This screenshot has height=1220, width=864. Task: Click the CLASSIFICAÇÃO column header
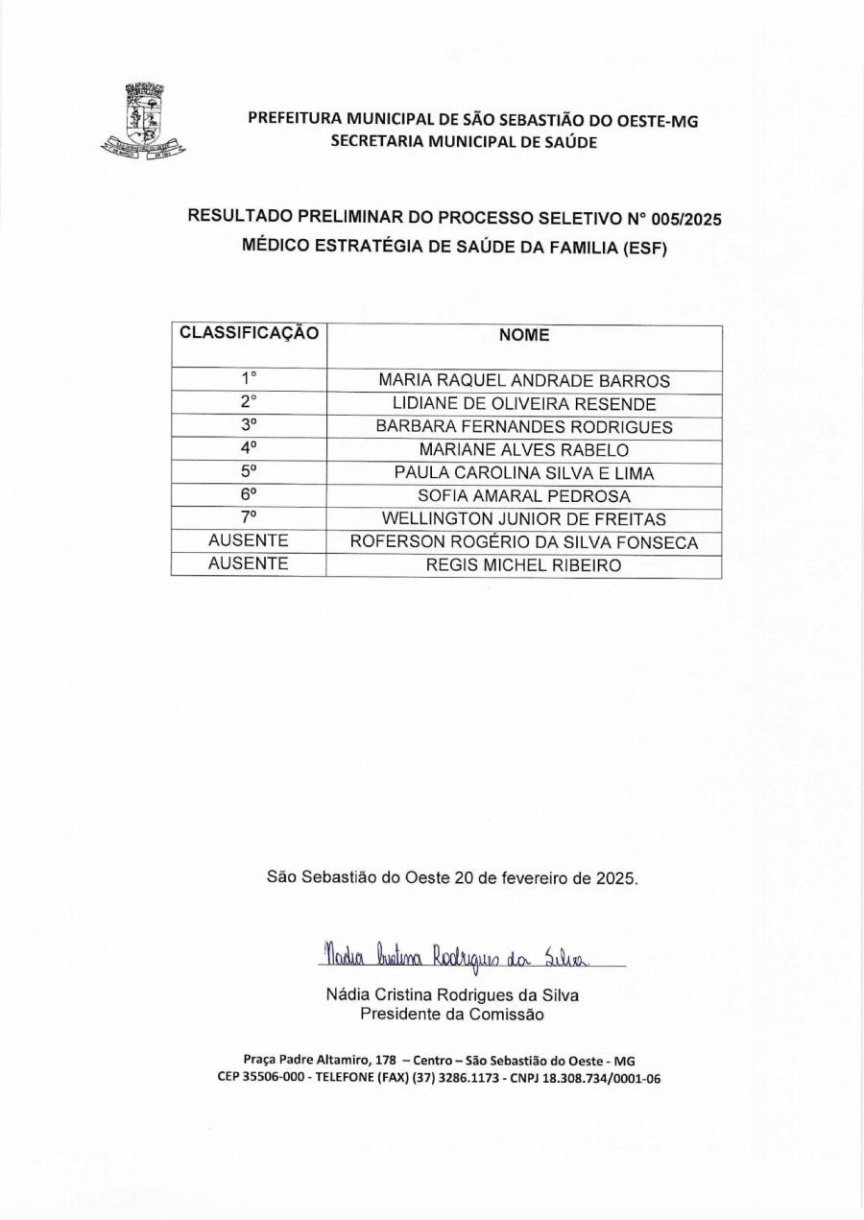tap(249, 334)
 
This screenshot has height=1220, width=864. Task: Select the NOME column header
tap(524, 335)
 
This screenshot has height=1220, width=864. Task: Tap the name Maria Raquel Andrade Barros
tap(524, 381)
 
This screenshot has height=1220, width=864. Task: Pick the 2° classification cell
tap(249, 403)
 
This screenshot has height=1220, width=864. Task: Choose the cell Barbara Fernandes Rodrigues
tap(524, 427)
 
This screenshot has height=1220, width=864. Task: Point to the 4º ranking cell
tap(249, 449)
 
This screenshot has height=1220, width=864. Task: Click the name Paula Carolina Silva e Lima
tap(524, 473)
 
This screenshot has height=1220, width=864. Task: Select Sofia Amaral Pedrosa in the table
tap(524, 496)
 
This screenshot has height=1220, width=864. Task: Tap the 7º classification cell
tap(249, 518)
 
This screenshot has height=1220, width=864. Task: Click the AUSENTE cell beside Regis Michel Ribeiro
tap(249, 564)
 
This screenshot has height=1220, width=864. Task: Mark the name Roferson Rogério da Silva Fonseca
tap(524, 542)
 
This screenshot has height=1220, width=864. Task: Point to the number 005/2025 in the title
tap(685, 219)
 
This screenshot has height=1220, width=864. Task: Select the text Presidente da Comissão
tap(452, 1014)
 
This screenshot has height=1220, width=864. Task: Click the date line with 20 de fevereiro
tap(452, 877)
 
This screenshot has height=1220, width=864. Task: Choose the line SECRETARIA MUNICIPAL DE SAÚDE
tap(464, 141)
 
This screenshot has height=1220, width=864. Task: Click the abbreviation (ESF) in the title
tap(644, 248)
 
